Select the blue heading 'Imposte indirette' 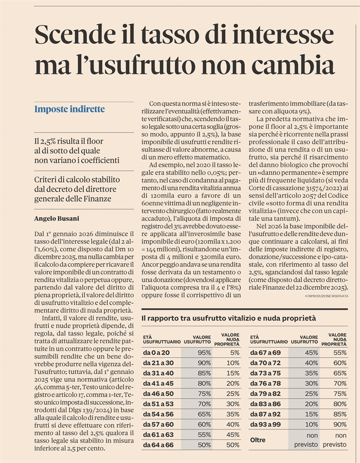[69, 109]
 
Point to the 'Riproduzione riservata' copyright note [327, 296]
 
